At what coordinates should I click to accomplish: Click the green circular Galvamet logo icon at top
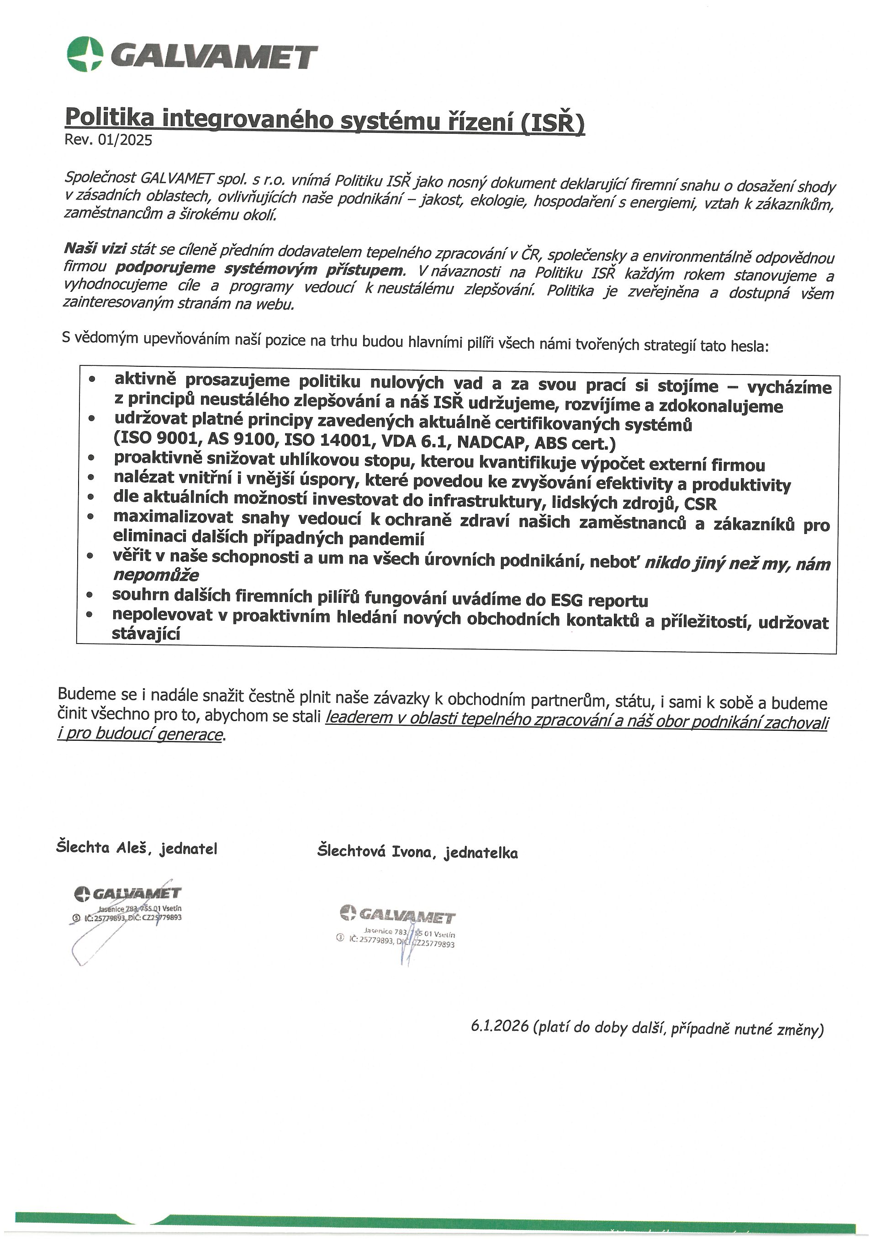pos(85,53)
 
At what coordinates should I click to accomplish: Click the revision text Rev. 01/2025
pos(108,140)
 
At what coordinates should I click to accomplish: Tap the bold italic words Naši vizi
pos(95,248)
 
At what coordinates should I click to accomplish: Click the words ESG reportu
pos(599,600)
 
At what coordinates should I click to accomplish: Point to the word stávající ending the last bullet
pos(146,633)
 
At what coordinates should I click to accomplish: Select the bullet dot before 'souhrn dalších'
pos(90,595)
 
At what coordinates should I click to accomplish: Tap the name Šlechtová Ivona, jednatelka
pos(417,852)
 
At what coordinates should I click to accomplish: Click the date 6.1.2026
pos(499,1026)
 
